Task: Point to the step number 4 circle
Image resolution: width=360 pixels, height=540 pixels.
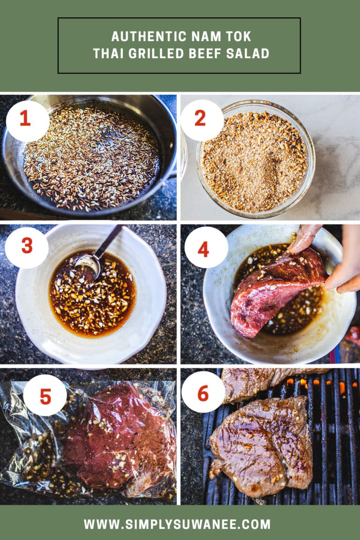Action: tap(206, 248)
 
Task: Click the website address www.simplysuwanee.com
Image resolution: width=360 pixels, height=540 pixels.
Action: tap(177, 524)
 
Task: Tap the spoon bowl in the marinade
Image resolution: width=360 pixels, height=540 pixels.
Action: tap(88, 266)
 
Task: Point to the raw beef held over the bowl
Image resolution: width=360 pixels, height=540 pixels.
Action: tap(276, 291)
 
